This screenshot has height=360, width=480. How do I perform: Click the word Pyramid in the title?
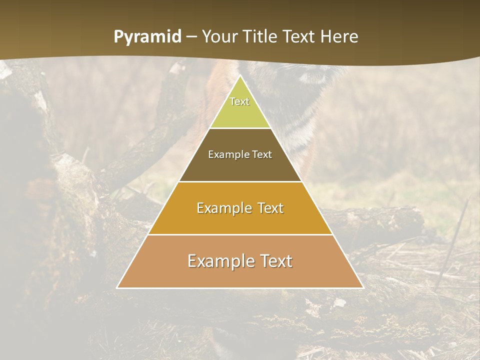(147, 37)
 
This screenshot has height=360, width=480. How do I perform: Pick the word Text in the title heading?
(299, 37)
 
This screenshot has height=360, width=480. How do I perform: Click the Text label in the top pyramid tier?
(239, 101)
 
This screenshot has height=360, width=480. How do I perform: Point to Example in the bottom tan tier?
(220, 261)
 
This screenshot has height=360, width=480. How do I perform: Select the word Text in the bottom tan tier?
(274, 261)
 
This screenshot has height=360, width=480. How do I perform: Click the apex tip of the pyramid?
(240, 76)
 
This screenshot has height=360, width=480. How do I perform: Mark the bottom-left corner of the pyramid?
(117, 287)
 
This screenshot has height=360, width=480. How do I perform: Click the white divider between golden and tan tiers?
(240, 234)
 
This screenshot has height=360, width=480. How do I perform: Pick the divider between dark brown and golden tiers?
(240, 181)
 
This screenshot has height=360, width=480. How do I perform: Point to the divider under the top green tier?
(240, 128)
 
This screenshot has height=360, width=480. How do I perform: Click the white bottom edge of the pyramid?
(240, 288)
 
